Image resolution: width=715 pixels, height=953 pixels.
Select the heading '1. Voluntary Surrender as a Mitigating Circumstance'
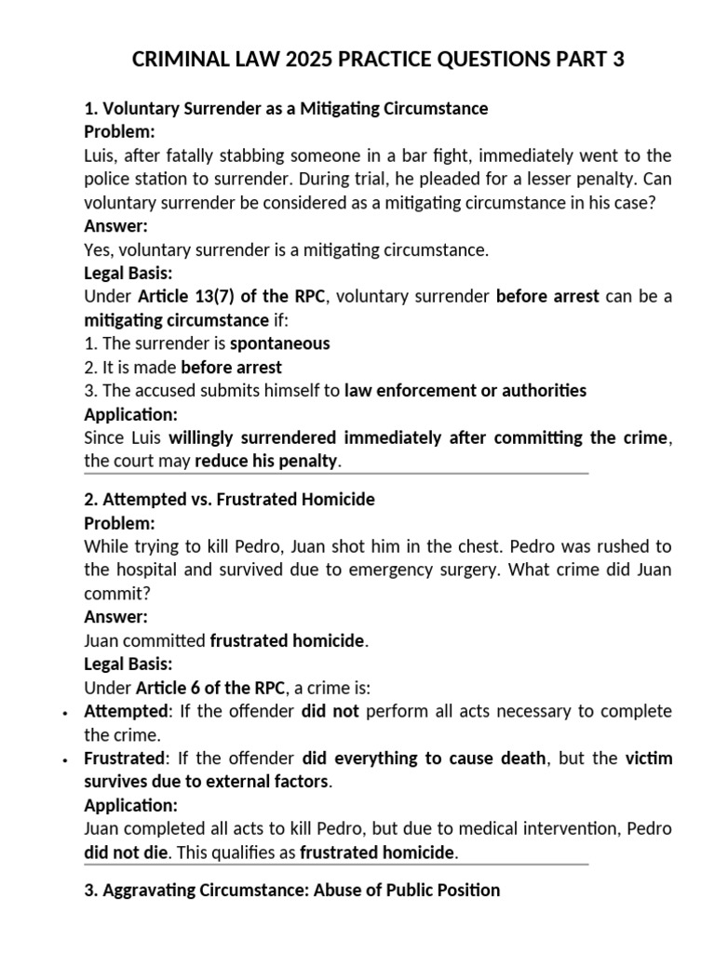(286, 109)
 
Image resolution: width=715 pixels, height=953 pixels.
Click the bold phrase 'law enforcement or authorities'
(465, 391)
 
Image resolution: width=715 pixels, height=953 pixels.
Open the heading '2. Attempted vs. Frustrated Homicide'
(229, 500)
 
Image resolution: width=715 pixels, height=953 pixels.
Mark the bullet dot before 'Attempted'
(61, 713)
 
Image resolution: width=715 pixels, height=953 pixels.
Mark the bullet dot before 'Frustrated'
(61, 759)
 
